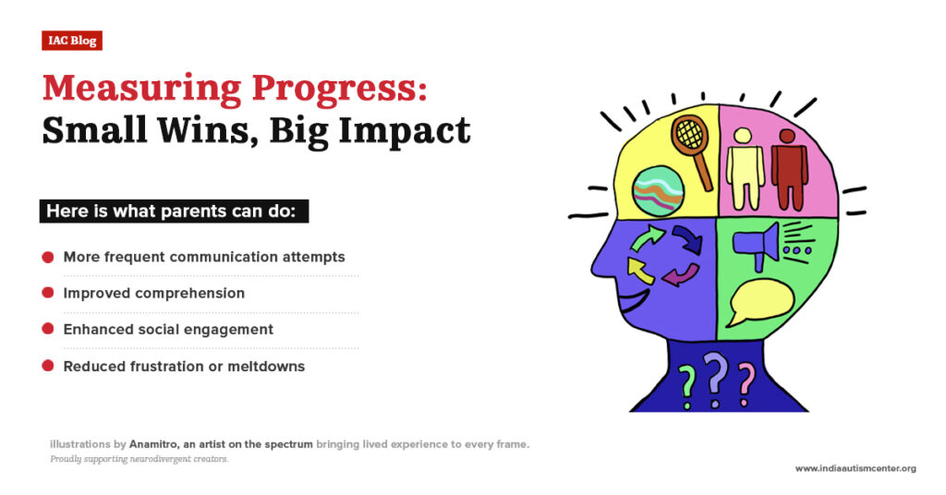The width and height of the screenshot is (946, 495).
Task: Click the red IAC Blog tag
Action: tap(71, 41)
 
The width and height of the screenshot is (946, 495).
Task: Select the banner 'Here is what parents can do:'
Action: tap(173, 211)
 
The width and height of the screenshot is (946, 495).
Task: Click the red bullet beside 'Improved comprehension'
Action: tap(47, 293)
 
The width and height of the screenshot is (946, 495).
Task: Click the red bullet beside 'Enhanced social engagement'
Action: tap(47, 329)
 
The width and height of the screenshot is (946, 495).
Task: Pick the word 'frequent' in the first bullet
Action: tap(134, 257)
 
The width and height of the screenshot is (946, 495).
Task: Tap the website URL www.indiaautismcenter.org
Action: tap(855, 468)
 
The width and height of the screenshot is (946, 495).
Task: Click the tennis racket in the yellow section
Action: tap(691, 148)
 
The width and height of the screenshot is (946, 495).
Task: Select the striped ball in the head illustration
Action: tap(658, 190)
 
